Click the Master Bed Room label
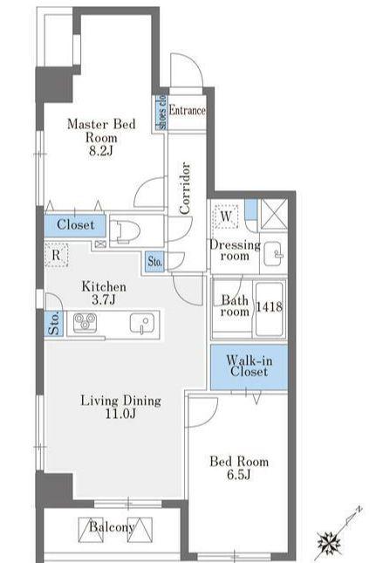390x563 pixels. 101,131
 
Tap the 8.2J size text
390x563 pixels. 101,151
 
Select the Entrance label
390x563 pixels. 188,110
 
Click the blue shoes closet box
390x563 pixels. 161,112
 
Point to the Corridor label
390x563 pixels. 185,189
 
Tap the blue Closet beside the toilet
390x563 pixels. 75,225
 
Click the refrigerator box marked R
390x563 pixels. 57,255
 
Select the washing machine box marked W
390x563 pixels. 226,216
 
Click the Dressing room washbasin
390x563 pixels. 273,253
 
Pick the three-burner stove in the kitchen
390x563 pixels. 85,322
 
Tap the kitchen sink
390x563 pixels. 142,323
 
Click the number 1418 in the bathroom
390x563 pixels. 269,306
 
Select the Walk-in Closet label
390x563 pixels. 250,366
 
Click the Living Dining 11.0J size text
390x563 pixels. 120,414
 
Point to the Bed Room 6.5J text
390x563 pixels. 239,468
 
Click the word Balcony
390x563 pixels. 112,526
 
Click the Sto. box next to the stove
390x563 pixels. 54,324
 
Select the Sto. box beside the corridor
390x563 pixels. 155,261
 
